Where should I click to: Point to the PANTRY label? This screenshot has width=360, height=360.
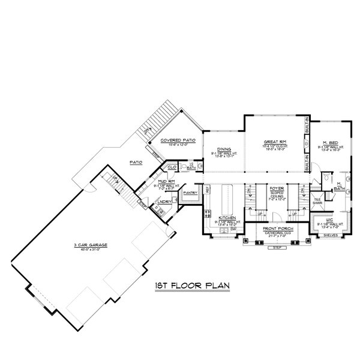point(191,193)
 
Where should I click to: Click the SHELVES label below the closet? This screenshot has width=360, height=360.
point(332,235)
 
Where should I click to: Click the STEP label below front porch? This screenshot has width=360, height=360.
point(276,247)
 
